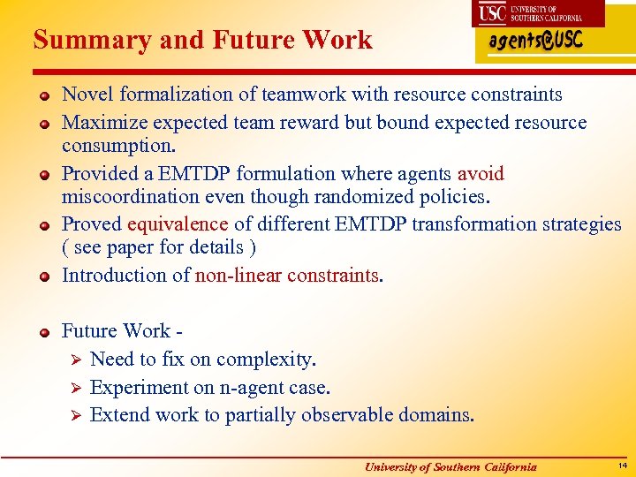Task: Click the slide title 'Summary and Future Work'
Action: coord(202,40)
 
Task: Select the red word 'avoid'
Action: coord(481,173)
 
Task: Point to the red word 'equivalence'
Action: coord(178,224)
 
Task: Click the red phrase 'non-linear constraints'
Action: coord(286,275)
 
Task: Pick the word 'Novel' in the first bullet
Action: coord(87,94)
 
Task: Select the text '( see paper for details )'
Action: coord(153,247)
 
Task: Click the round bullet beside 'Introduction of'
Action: coord(42,276)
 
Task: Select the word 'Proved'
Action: coord(92,224)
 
